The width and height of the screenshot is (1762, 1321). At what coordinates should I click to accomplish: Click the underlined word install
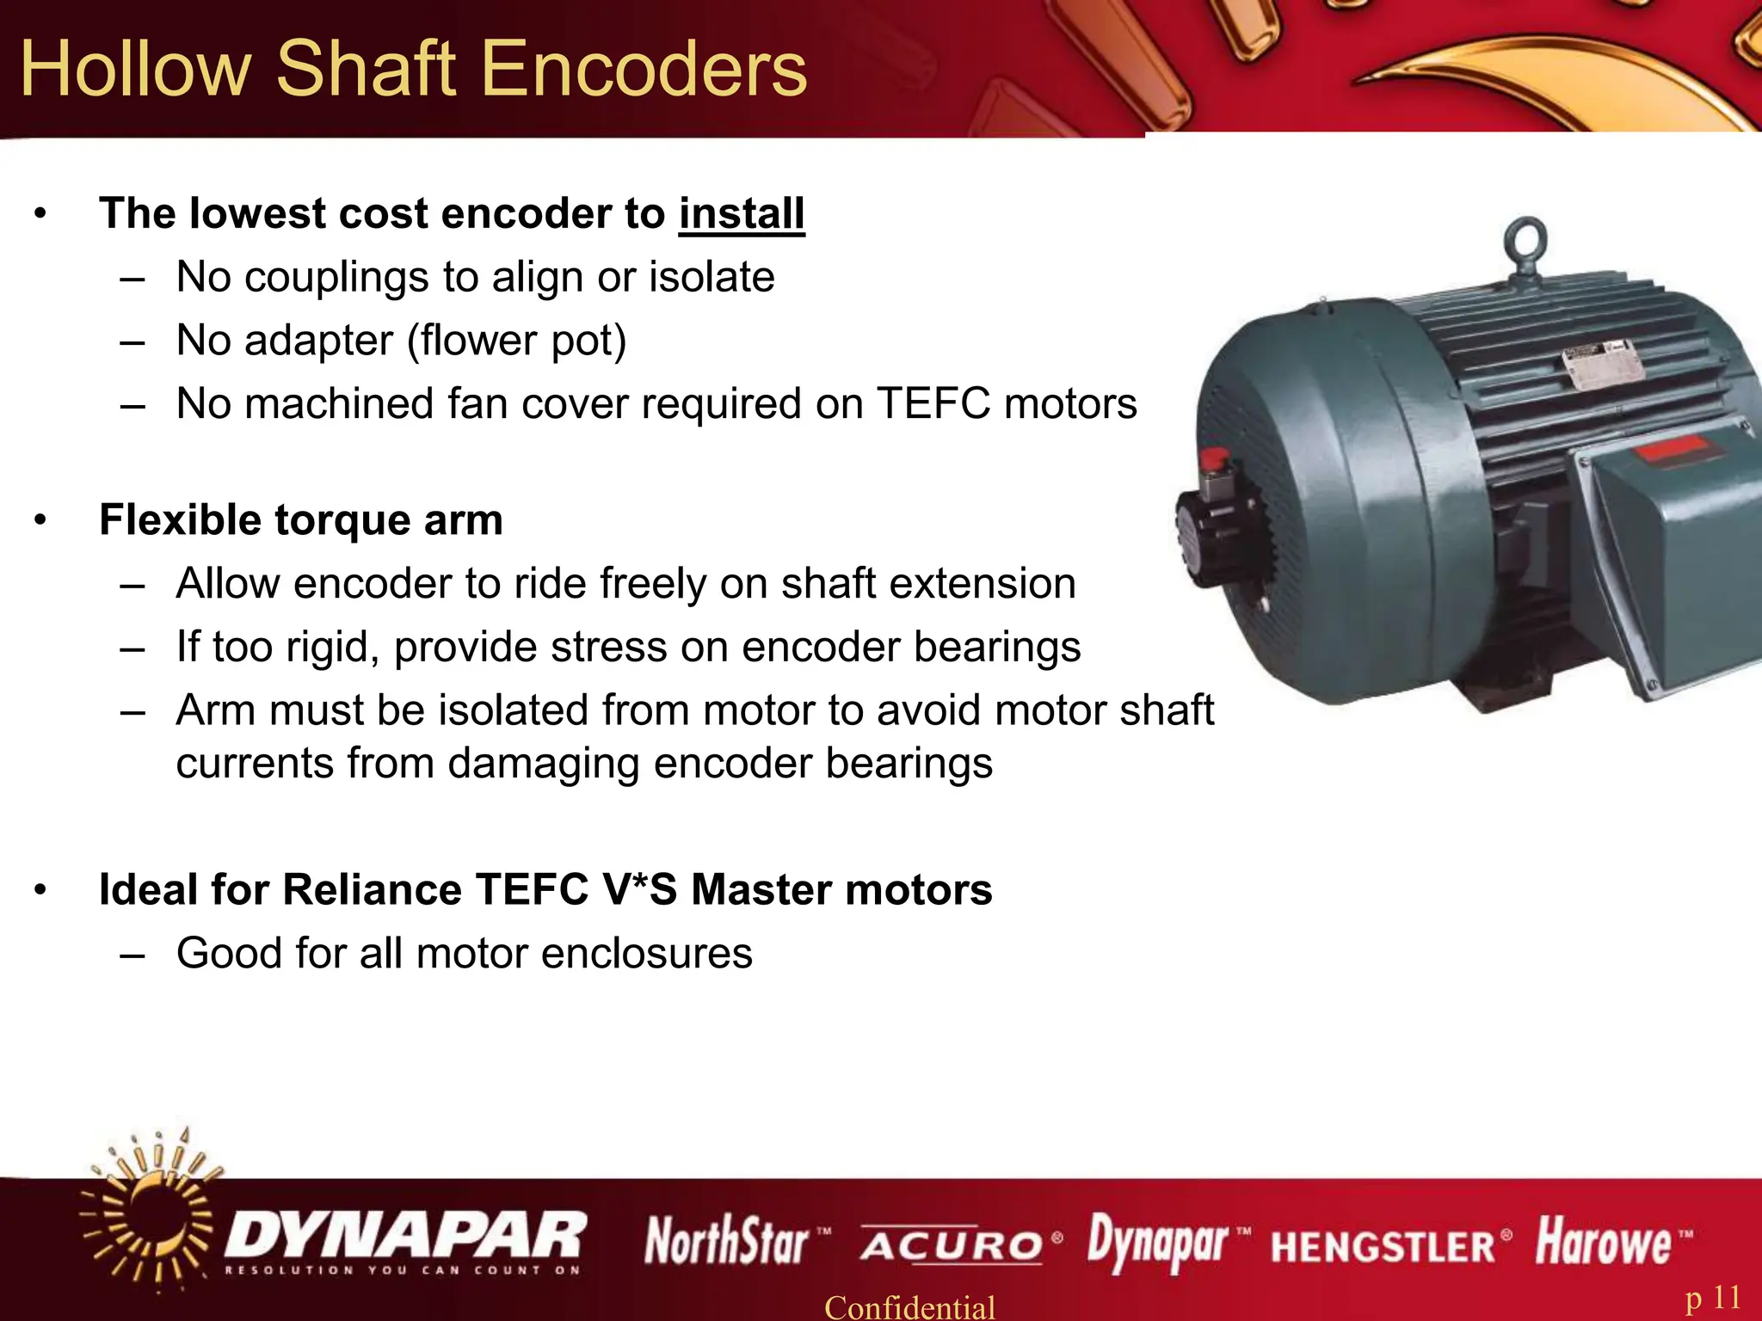[x=742, y=213]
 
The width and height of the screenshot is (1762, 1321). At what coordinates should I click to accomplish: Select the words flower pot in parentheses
[x=516, y=341]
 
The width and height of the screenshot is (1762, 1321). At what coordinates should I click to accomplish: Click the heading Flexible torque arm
[x=301, y=520]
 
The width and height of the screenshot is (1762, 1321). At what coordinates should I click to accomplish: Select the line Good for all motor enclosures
[x=465, y=953]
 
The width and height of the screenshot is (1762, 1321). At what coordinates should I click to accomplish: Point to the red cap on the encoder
[x=1214, y=459]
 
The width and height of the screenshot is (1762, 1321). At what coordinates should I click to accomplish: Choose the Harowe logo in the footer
[x=1605, y=1242]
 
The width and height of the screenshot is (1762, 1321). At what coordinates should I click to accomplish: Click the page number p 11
[x=1713, y=1297]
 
